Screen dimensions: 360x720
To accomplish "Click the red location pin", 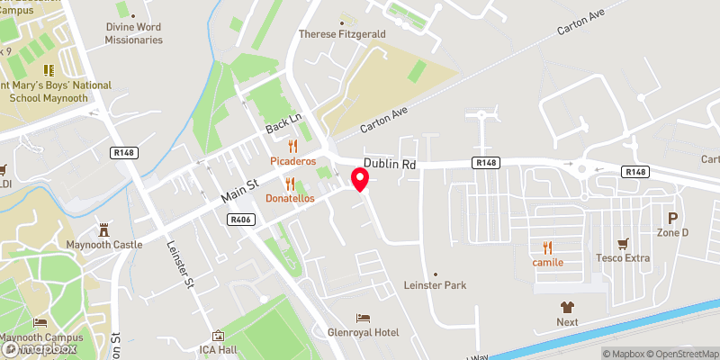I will pyautogui.click(x=361, y=179).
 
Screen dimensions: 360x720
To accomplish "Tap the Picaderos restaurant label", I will pyautogui.click(x=292, y=161).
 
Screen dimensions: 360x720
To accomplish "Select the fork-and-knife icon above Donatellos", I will pyautogui.click(x=290, y=183).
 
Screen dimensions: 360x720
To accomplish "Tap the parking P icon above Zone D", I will pyautogui.click(x=671, y=218).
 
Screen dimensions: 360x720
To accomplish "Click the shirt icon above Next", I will pyautogui.click(x=566, y=307).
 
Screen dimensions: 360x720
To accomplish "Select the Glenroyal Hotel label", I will pyautogui.click(x=364, y=332).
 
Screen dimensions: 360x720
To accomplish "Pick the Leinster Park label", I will pyautogui.click(x=436, y=285).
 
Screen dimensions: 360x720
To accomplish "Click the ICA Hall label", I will pyautogui.click(x=218, y=349).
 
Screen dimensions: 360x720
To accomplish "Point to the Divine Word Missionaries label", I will pyautogui.click(x=133, y=34).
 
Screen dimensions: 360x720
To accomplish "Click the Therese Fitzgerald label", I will pyautogui.click(x=342, y=34).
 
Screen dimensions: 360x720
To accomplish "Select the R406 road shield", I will pyautogui.click(x=241, y=219).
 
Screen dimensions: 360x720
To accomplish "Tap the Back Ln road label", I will pyautogui.click(x=282, y=125).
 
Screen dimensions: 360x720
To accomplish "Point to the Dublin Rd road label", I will pyautogui.click(x=390, y=165).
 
